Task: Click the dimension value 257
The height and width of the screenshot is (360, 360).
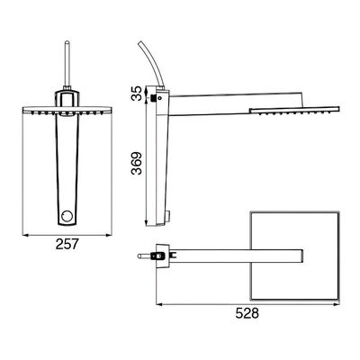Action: point(67,244)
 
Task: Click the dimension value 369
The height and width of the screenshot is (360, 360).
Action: point(137,164)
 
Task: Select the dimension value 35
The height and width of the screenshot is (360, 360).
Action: point(137,94)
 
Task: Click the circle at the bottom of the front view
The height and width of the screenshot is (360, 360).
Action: point(66,216)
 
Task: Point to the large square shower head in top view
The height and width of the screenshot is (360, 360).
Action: point(294,256)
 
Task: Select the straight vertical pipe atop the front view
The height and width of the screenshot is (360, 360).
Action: point(67,65)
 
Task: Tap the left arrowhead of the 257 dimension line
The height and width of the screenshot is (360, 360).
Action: point(25,235)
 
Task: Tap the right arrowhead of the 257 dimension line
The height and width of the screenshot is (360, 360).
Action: point(109,235)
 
